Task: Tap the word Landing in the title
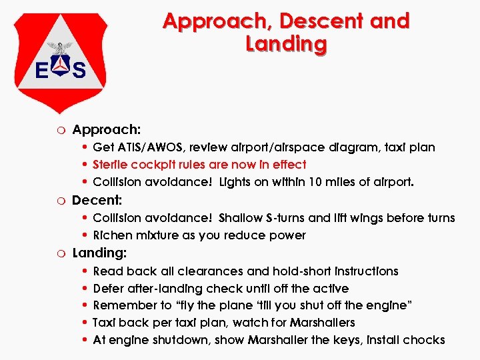coord(286,45)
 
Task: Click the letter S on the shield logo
coord(79,69)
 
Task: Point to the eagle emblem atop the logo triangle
coord(63,48)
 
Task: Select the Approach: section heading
coord(106,129)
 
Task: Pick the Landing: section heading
coord(99,253)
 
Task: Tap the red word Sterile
coord(110,164)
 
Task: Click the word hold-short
coord(304,271)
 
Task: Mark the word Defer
coord(108,288)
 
